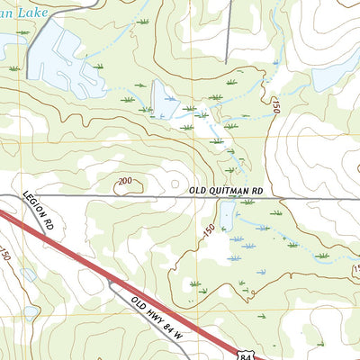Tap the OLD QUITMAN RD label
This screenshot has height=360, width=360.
click(226, 191)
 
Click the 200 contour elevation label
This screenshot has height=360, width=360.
click(124, 182)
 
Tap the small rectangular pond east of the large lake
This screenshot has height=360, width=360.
click(164, 99)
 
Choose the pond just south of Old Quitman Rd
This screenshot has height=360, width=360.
click(228, 212)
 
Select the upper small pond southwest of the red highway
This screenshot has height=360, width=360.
click(27, 274)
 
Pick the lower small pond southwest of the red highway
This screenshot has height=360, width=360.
click(31, 312)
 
